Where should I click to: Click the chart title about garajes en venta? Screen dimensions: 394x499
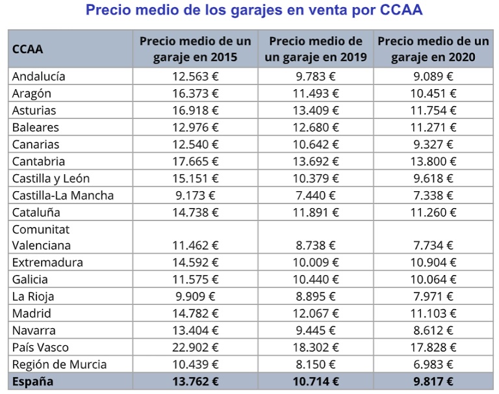point(253,11)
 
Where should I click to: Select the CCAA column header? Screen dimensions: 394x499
point(28,49)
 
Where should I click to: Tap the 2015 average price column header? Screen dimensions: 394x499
point(195,49)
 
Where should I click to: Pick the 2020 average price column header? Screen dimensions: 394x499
point(433,49)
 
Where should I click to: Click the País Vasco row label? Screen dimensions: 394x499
point(40,347)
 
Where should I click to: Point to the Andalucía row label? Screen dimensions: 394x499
point(38,76)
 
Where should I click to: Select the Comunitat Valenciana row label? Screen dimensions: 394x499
point(41,237)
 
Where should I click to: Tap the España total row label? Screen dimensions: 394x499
point(32,381)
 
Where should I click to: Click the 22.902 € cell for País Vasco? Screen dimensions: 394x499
point(196,347)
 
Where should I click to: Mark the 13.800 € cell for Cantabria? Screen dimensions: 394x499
point(433,161)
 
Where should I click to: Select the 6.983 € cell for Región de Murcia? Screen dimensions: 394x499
point(433,364)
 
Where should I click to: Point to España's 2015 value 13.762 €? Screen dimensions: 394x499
point(196,381)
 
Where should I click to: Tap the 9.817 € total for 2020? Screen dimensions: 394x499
point(433,381)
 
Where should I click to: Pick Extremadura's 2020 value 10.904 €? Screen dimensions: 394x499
point(433,263)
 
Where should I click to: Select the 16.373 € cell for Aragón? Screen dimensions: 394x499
point(196,93)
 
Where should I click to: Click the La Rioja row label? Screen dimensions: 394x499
point(33,296)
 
